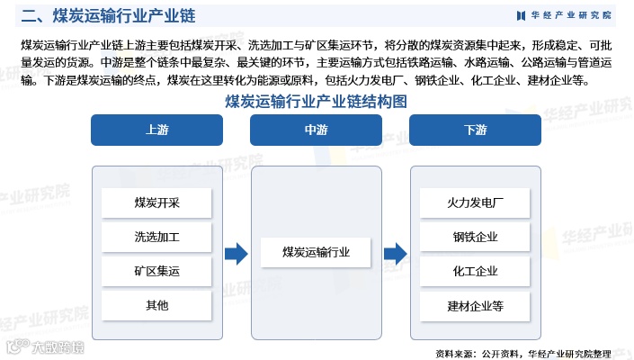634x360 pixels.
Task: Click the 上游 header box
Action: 156,130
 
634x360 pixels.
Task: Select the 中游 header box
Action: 316,130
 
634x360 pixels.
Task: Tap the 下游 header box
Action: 475,130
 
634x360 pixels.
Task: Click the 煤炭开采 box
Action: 156,202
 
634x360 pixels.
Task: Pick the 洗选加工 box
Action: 156,238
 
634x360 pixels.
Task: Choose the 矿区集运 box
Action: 156,271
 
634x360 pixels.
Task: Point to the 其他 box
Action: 156,305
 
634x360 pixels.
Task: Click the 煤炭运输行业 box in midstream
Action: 316,253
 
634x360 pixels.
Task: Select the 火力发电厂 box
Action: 475,202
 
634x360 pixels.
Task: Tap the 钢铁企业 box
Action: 475,238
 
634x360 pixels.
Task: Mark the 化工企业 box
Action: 475,271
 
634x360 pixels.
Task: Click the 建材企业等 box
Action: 475,305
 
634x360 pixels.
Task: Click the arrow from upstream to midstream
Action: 236,254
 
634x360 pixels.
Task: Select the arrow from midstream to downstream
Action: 395,254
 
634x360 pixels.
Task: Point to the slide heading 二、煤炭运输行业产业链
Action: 108,15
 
